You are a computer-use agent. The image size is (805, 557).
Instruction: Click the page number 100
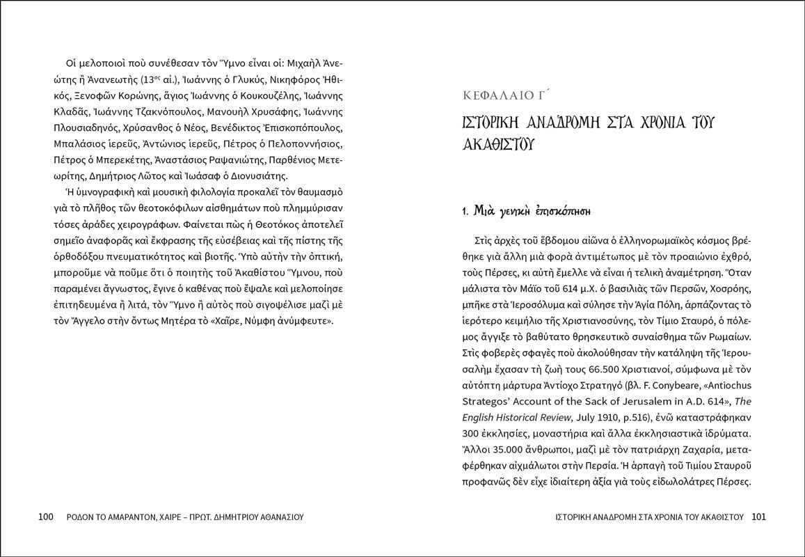46,517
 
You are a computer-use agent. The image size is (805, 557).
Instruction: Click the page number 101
758,517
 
